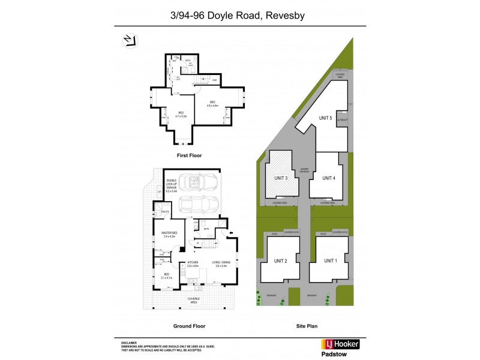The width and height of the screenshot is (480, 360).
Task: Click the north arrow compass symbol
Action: click(129, 40)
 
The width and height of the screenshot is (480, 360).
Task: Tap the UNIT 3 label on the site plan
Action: click(281, 178)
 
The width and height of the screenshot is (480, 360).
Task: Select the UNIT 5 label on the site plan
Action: click(326, 118)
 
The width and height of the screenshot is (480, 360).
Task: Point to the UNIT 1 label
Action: click(330, 260)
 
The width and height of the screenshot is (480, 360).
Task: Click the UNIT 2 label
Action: click(281, 260)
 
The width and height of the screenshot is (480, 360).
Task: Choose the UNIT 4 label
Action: click(328, 178)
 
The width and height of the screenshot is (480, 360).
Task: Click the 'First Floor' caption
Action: click(189, 155)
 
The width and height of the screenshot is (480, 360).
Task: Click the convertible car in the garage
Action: click(197, 182)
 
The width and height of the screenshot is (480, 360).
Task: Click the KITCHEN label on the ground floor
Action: click(193, 263)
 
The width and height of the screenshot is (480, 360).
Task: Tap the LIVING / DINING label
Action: click(221, 263)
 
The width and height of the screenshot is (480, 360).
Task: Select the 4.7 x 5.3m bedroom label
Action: click(181, 114)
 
